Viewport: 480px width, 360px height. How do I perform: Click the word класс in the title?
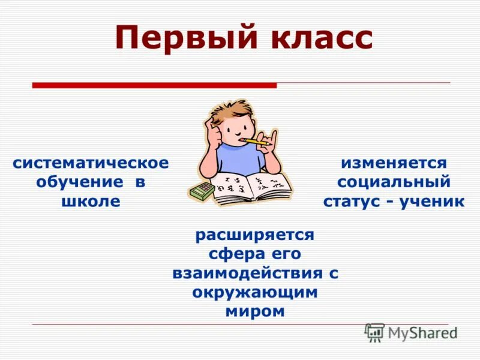[x=315, y=37]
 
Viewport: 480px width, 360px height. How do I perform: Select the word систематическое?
[x=91, y=163]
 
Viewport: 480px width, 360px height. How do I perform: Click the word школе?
[x=91, y=201]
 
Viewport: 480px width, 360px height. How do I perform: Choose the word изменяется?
[x=394, y=163]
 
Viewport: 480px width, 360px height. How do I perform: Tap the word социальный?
[x=394, y=182]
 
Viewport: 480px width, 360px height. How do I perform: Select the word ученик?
[x=433, y=201]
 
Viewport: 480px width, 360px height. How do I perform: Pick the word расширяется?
[x=255, y=235]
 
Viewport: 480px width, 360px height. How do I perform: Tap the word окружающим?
[x=255, y=292]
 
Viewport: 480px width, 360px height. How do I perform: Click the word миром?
[x=255, y=311]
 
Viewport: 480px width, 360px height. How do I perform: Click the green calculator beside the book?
[x=201, y=191]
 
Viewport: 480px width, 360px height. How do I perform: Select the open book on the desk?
[x=252, y=186]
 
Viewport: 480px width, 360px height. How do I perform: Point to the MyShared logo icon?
[x=375, y=332]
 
